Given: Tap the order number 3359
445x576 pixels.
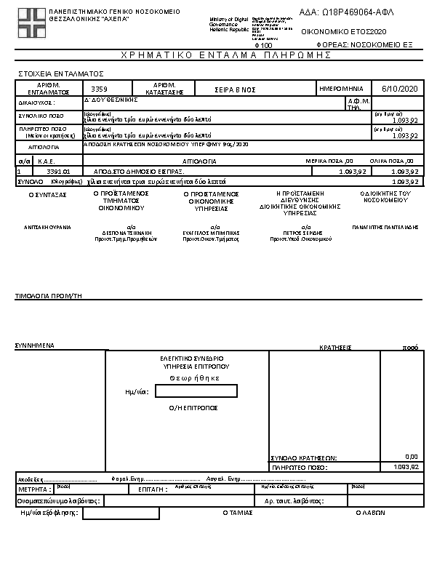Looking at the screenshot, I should (99, 89).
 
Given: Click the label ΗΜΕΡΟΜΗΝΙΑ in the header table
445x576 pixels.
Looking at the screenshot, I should (344, 88).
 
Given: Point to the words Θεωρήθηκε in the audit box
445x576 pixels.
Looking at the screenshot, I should (194, 378).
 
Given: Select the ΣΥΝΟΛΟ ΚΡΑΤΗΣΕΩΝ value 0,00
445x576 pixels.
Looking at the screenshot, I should (411, 457).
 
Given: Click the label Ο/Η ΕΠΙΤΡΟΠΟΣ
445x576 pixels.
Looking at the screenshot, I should (193, 409).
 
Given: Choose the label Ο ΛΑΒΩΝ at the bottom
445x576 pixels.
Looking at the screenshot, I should (369, 512).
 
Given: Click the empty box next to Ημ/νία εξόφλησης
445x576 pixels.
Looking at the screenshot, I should (121, 513).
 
